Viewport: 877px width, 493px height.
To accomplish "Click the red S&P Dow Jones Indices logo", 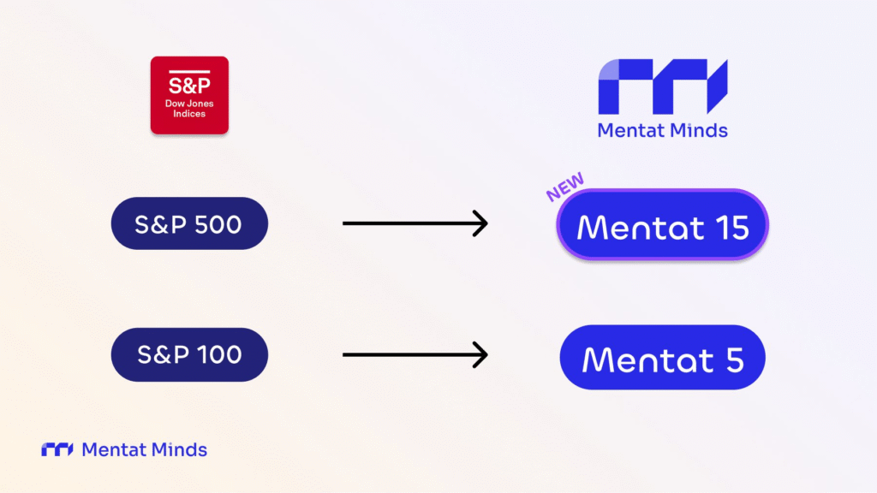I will (x=189, y=95).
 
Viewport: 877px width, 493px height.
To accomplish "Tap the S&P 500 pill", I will (x=189, y=224).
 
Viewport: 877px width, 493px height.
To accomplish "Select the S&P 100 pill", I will (x=189, y=353).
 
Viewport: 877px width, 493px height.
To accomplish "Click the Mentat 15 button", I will (x=662, y=226).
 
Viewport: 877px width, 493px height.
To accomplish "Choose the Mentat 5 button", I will (x=662, y=358).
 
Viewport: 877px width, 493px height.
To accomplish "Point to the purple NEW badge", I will (x=565, y=186).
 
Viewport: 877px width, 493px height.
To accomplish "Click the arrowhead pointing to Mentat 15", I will (x=480, y=224).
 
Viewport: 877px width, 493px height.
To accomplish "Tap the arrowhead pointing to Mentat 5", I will (x=480, y=353).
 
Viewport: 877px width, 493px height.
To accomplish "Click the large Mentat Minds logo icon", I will (x=662, y=86).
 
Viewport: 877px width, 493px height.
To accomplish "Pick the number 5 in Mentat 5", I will (x=734, y=359).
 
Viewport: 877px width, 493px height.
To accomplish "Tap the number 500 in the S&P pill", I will (x=218, y=224).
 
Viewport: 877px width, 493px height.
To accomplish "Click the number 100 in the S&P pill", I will (x=218, y=353).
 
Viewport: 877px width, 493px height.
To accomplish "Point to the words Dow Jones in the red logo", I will (x=189, y=104).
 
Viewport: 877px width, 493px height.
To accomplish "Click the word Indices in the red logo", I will (x=189, y=114).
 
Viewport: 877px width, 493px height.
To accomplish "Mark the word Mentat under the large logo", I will (x=629, y=130).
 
